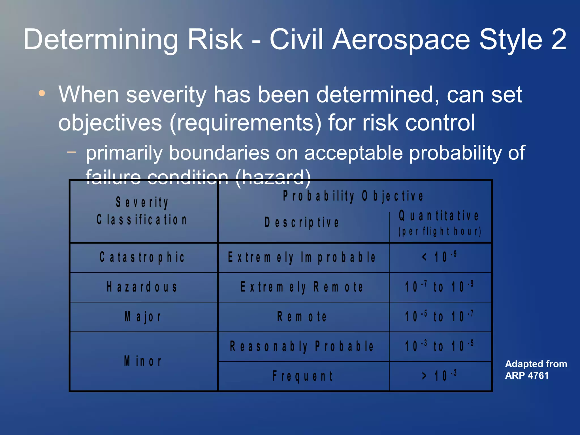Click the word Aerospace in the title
402,40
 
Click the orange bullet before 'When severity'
42,93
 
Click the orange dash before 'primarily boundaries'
72,152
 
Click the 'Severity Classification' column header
142,211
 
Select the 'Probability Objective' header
353,196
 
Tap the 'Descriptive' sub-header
302,223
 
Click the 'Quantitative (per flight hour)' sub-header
440,223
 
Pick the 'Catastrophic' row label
142,257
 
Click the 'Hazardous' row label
142,287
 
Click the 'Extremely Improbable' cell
302,257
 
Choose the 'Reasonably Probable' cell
302,346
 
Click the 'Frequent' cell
302,376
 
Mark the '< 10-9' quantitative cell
440,257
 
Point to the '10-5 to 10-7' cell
440,316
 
